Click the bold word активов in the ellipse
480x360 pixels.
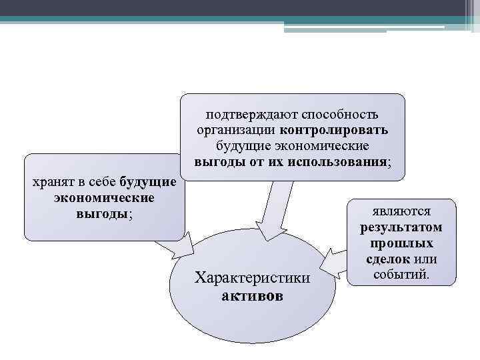(x=252, y=295)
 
